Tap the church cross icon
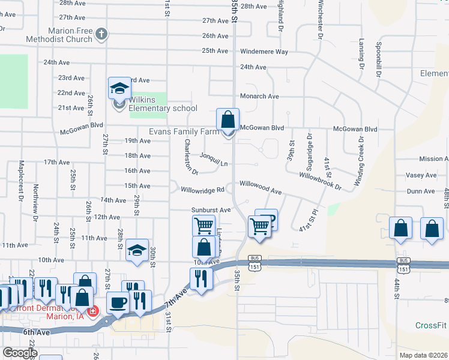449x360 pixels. coord(101,34)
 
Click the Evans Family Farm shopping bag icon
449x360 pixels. coord(228,119)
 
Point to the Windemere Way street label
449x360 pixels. coord(264,52)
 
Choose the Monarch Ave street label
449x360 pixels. coord(259,96)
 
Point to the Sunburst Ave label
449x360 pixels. coord(211,210)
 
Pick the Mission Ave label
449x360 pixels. coord(433,159)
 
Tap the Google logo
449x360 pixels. coord(20,353)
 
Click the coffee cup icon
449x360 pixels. coord(118,302)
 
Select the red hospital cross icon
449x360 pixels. coord(92,311)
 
